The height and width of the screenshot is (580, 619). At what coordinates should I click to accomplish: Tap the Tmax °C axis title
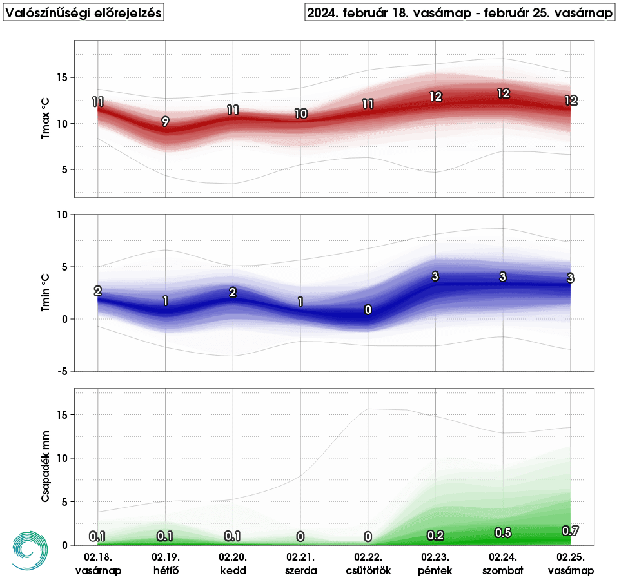coord(45,118)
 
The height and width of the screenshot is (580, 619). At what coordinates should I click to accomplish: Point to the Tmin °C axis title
coord(45,293)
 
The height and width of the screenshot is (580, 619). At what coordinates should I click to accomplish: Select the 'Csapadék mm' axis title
coord(45,467)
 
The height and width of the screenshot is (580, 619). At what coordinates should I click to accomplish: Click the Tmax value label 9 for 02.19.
coord(166,121)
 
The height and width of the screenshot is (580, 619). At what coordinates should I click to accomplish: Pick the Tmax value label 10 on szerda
coord(300,113)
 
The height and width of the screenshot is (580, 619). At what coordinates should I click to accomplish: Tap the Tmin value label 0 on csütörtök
coord(368,310)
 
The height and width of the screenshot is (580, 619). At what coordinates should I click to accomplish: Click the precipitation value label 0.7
coord(570,531)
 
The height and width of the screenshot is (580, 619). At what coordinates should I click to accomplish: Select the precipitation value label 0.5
coord(503,533)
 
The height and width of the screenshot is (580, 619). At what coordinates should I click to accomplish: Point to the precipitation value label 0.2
coord(435,536)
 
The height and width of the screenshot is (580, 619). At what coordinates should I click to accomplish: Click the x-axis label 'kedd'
coord(233,570)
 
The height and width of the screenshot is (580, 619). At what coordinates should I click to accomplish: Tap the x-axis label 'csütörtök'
coord(368,570)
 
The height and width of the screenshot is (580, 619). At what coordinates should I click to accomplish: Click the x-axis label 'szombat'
coord(503,570)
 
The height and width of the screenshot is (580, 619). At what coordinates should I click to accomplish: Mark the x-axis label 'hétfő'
coord(166,570)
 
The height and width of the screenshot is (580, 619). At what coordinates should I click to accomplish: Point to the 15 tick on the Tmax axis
coord(62,77)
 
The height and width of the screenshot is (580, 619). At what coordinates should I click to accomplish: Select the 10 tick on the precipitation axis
coord(62,458)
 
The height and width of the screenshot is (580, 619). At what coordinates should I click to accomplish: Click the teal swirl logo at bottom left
coord(30,551)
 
